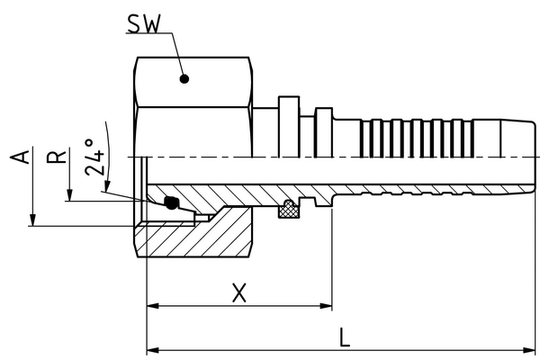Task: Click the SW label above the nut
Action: click(x=143, y=23)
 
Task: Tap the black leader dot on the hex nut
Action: click(x=184, y=78)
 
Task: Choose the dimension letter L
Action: click(x=346, y=337)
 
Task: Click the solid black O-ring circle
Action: click(x=171, y=203)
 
